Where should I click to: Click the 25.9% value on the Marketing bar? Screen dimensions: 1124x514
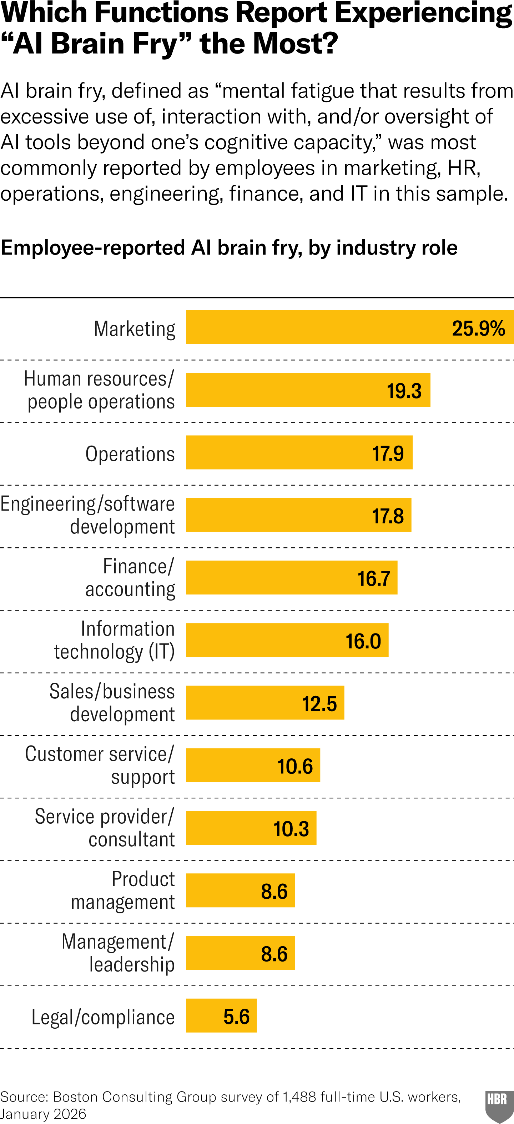coord(478,328)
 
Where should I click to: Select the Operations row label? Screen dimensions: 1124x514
coord(130,454)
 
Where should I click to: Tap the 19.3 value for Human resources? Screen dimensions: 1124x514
coord(404,391)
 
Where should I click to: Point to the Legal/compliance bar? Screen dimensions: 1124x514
coord(221,1016)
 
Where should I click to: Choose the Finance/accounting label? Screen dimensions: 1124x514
coord(130,578)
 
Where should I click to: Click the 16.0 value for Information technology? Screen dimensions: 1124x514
coord(363,641)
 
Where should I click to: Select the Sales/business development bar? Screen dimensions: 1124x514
coord(265,703)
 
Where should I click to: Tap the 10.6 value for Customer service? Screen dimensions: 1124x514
coord(295,766)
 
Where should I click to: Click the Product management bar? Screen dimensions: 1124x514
coord(240,890)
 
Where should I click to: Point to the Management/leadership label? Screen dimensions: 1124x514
coord(118,953)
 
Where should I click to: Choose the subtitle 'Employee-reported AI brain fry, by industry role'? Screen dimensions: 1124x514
coord(229,247)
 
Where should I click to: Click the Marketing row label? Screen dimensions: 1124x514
coord(135,328)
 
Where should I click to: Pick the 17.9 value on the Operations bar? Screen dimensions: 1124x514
coord(388,453)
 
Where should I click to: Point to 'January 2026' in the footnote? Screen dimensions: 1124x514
coord(43,1114)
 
